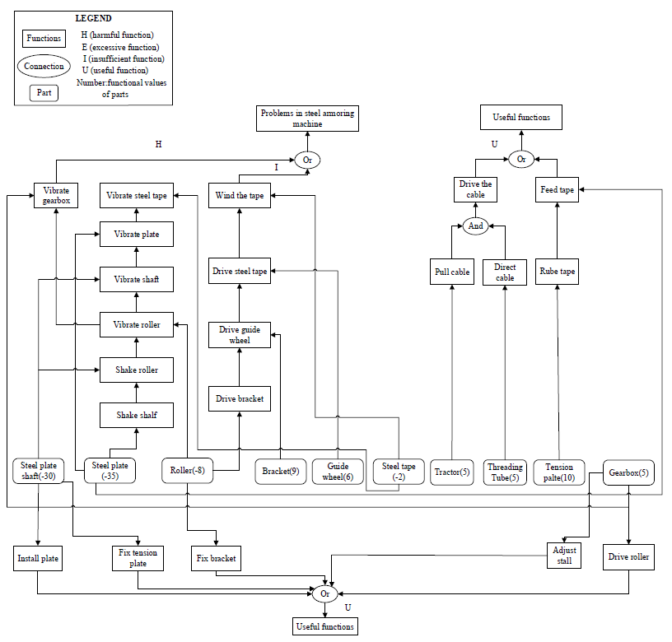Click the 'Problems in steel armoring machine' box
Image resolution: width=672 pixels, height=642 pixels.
(307, 119)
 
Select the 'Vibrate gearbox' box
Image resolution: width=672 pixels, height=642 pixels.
(57, 195)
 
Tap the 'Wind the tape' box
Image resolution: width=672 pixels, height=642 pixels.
(238, 195)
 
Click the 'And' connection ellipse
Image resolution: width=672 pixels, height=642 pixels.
(476, 226)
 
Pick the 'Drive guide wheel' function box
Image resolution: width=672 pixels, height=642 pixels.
(239, 335)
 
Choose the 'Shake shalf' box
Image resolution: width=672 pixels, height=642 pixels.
(137, 416)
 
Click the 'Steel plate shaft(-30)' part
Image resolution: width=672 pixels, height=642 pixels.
(40, 471)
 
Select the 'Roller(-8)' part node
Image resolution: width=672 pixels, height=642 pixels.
(189, 471)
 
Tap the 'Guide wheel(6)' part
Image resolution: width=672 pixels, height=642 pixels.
(338, 471)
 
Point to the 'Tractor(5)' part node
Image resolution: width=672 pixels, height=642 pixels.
(451, 472)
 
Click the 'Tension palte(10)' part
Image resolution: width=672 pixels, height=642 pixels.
(559, 472)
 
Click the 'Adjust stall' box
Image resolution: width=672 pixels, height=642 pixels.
(565, 556)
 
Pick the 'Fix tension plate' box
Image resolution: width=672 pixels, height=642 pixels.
(138, 557)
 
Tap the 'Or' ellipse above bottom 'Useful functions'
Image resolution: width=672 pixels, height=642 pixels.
(324, 593)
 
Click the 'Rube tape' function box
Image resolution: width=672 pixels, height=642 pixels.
(558, 272)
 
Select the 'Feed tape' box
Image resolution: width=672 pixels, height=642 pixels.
(558, 190)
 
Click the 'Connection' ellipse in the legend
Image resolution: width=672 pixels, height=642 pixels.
(44, 67)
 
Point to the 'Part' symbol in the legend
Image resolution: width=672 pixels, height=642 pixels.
(44, 93)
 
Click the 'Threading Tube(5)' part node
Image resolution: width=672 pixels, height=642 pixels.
(505, 472)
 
